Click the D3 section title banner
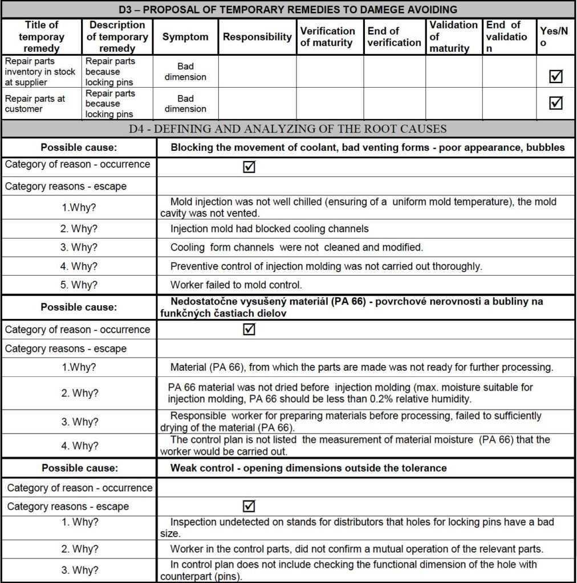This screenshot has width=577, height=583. point(288,10)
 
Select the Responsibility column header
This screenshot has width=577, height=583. point(257,37)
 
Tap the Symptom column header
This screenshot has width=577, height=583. point(185,37)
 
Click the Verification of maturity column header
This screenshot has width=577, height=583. point(328,37)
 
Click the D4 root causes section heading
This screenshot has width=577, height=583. point(288,129)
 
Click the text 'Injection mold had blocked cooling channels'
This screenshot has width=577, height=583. point(269,229)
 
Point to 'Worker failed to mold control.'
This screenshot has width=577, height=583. point(236,285)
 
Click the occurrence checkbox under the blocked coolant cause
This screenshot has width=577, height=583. point(249,167)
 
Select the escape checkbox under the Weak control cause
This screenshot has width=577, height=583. point(249,506)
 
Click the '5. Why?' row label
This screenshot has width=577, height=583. point(79,285)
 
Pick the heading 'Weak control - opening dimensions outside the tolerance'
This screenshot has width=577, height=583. point(308,468)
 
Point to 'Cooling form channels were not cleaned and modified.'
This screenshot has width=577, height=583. point(296,248)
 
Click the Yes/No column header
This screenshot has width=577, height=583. point(554,37)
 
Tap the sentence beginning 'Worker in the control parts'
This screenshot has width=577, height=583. point(356,549)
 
